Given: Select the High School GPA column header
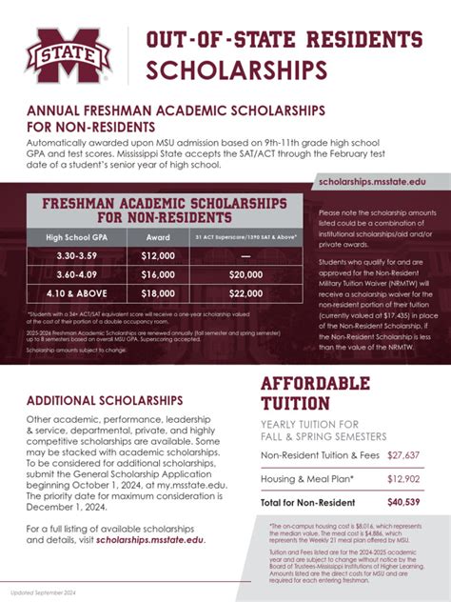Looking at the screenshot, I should tap(76, 236).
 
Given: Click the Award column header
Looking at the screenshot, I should tap(158, 236).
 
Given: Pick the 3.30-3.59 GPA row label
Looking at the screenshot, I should tap(76, 256).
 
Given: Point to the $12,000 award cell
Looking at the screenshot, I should tap(158, 256).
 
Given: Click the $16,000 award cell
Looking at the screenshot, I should tap(158, 274).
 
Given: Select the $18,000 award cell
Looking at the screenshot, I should tap(158, 293).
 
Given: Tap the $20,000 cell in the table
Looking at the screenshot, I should tap(245, 274).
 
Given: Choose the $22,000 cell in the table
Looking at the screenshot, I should tap(245, 293).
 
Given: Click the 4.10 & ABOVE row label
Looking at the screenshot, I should tap(76, 293).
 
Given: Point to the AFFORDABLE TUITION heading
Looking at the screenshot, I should tap(316, 393).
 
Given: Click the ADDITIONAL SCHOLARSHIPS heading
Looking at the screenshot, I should tap(105, 400).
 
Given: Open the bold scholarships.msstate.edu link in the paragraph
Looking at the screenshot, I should tap(149, 540).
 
